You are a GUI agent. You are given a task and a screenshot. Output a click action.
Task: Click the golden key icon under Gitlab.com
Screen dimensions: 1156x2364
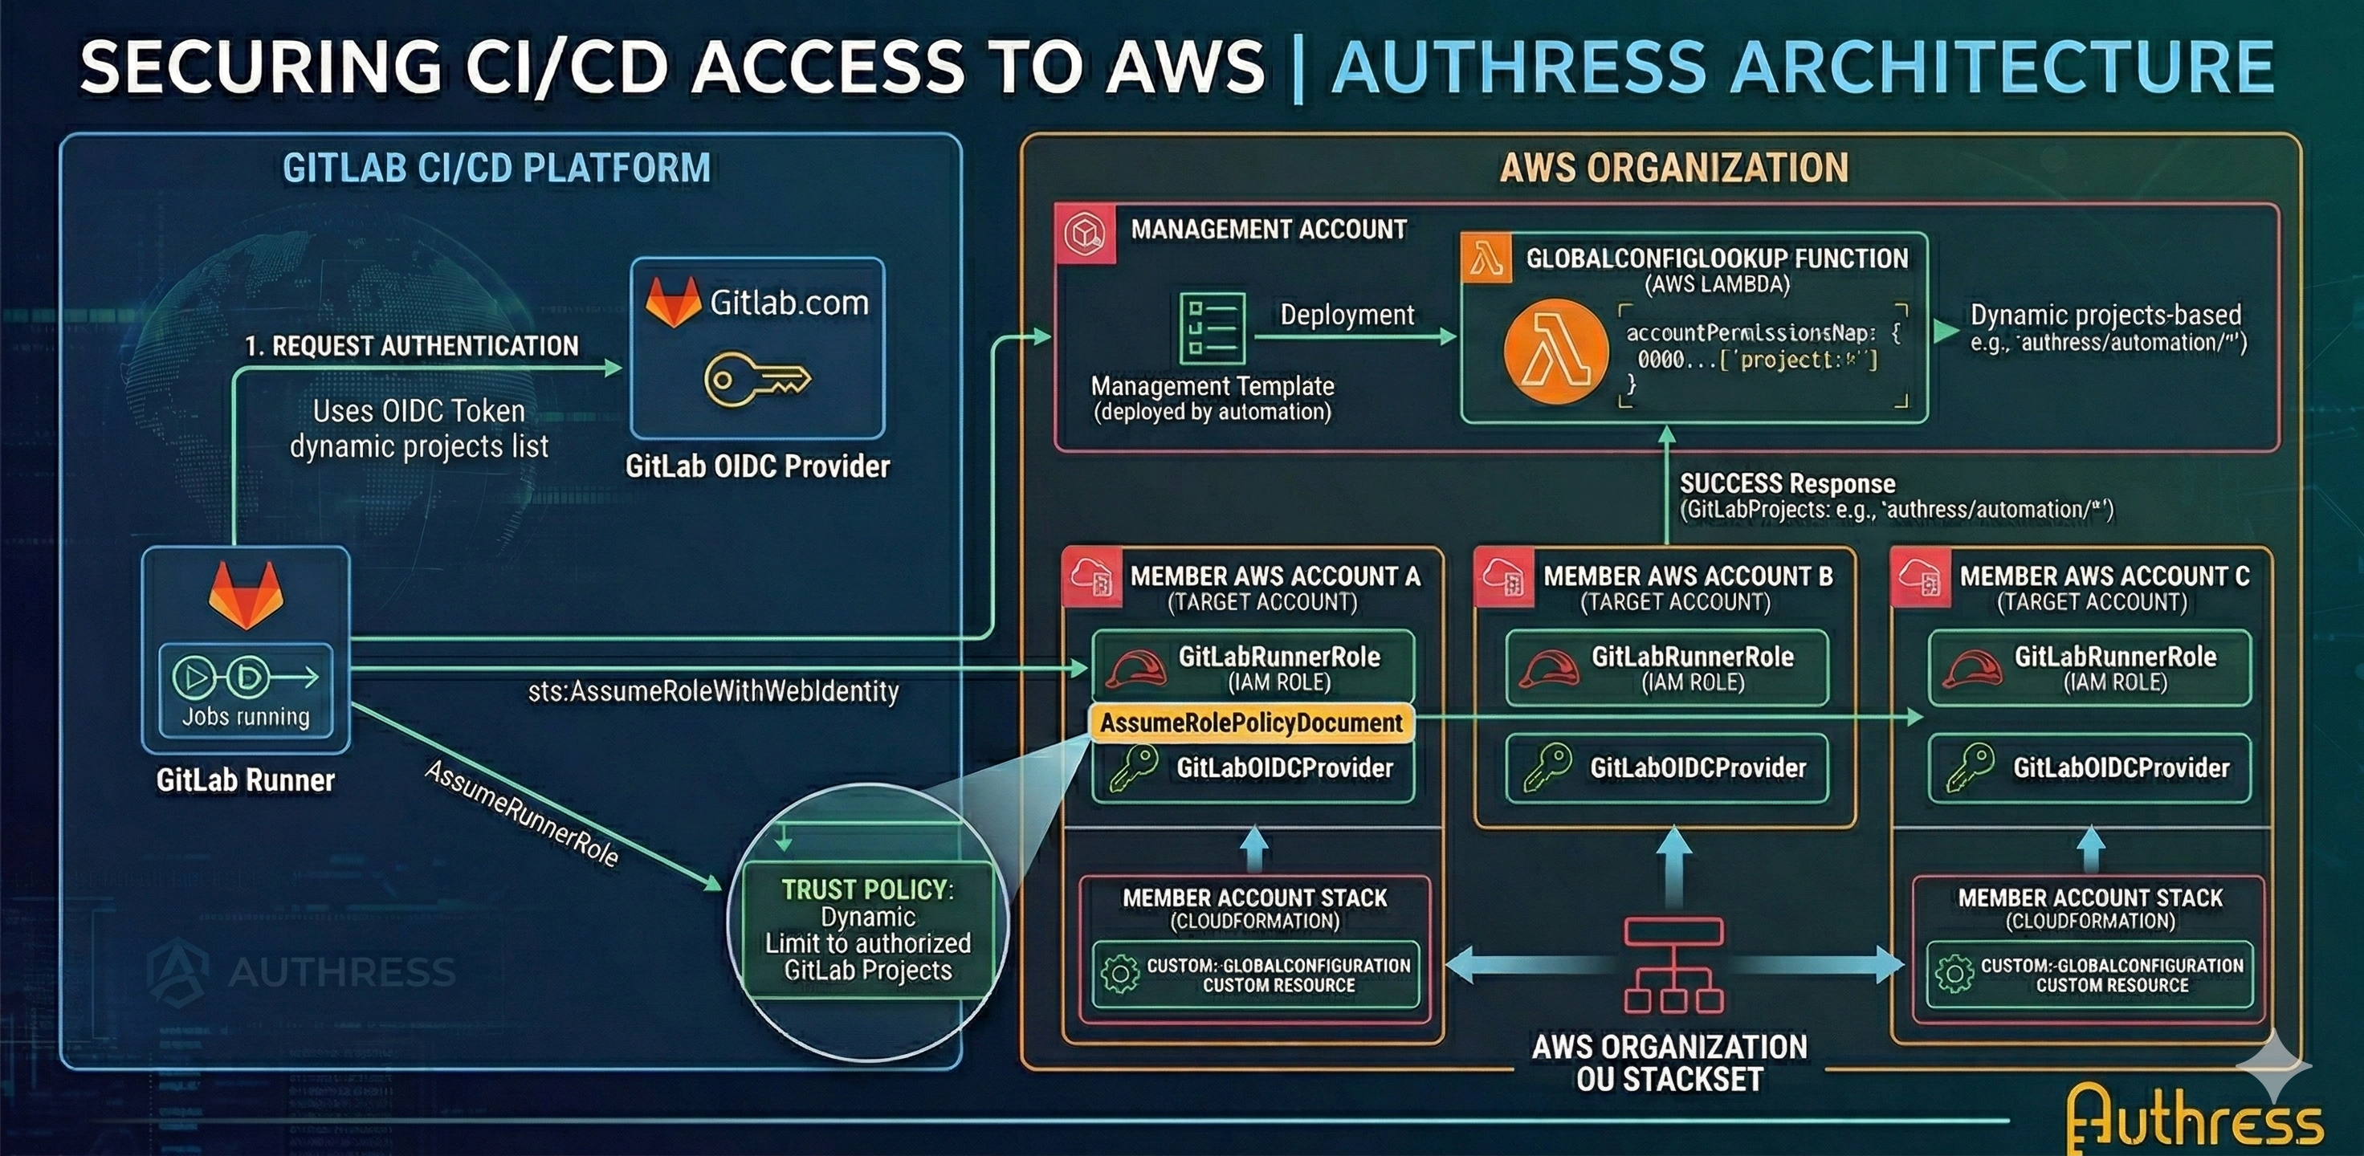756,380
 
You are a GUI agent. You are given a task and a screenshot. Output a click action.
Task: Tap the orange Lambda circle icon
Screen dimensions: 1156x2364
1556,352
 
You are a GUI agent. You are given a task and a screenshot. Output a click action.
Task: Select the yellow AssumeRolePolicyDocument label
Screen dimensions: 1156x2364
1251,723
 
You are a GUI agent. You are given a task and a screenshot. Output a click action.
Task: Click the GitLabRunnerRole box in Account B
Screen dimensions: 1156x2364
1666,668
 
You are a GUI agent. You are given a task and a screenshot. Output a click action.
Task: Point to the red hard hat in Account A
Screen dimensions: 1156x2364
1135,669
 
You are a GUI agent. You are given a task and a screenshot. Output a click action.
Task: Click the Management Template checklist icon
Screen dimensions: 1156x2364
1212,329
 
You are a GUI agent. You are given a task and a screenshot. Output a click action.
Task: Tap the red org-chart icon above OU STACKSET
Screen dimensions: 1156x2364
1672,965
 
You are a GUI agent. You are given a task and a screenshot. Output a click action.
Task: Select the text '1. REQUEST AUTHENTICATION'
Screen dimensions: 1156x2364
411,346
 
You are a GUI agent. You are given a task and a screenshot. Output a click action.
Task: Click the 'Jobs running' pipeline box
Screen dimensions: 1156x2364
246,690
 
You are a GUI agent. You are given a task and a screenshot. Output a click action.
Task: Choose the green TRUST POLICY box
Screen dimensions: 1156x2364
867,930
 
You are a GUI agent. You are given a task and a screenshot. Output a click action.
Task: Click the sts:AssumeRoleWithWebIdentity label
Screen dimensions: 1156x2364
713,691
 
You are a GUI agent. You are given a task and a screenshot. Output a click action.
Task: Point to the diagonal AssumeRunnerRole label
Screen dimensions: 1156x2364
520,813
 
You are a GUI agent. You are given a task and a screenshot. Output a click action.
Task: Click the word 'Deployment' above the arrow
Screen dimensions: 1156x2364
1347,315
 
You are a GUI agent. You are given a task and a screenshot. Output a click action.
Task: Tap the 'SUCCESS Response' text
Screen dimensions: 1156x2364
1786,483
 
